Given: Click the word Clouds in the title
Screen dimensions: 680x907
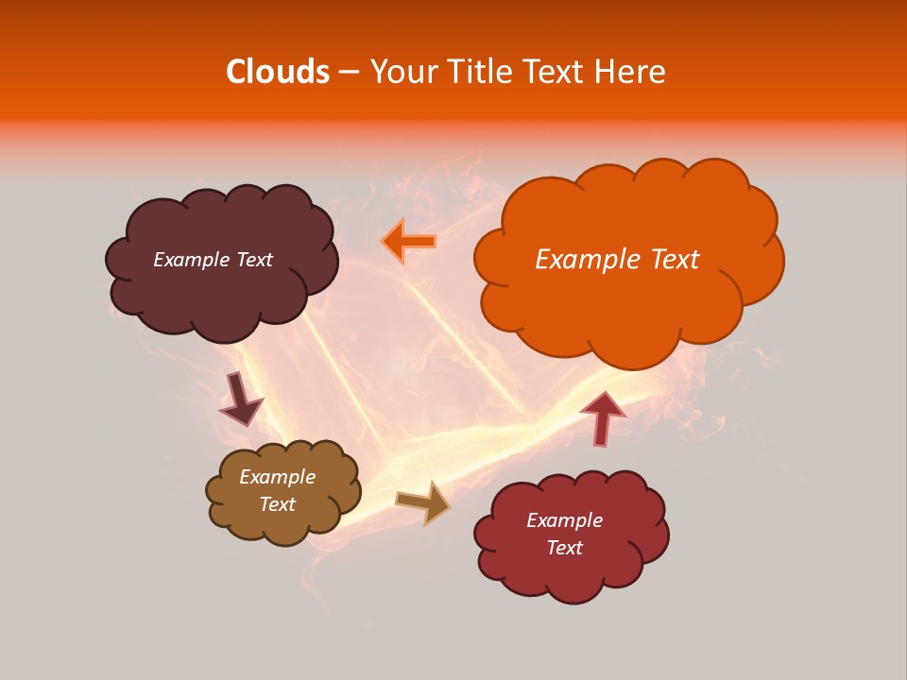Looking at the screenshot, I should tap(278, 72).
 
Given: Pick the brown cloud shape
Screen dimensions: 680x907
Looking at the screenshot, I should tap(283, 524).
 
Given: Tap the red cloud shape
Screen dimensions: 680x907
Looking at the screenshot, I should tap(572, 571).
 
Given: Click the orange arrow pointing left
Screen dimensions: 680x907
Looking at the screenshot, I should tap(409, 242).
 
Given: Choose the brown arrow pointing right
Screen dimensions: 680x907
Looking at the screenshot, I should tap(423, 501).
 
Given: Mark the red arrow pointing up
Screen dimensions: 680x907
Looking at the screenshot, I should tap(602, 416).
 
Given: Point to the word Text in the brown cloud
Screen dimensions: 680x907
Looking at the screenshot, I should tap(278, 504).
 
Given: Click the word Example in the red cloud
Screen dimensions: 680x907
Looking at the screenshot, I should tap(564, 520).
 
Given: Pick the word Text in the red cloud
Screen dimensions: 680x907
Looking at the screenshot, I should tap(564, 548).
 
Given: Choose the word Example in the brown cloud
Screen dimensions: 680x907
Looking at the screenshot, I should tap(278, 477).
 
